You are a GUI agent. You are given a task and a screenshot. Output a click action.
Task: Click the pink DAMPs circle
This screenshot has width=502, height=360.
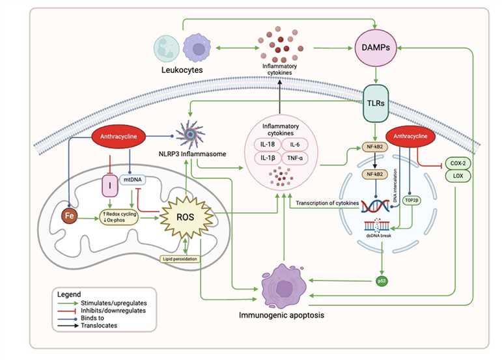click(374, 48)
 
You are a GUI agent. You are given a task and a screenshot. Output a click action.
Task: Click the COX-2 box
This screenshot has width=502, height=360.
click(458, 163)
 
